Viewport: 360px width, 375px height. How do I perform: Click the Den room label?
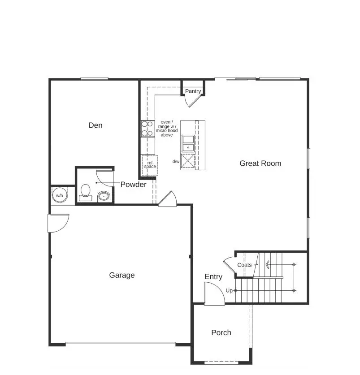pyautogui.click(x=95, y=125)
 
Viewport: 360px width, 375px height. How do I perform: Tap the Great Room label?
pyautogui.click(x=260, y=164)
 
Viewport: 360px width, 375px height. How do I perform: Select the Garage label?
pyautogui.click(x=122, y=275)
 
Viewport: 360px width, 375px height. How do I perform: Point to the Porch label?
pyautogui.click(x=221, y=332)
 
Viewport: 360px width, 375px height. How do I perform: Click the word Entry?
pyautogui.click(x=213, y=277)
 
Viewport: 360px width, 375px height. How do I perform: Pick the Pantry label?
pyautogui.click(x=193, y=91)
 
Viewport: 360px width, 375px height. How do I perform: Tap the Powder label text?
pyautogui.click(x=133, y=185)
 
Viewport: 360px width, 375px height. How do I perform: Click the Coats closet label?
pyautogui.click(x=244, y=265)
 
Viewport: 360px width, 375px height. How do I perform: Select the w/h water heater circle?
pyautogui.click(x=59, y=195)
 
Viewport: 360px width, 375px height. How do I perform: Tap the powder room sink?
pyautogui.click(x=104, y=196)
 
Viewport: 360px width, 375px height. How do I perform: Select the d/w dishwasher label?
pyautogui.click(x=176, y=161)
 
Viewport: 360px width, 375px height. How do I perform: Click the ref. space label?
pyautogui.click(x=150, y=164)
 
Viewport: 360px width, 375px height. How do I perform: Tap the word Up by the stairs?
pyautogui.click(x=229, y=290)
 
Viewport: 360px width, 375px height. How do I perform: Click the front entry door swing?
pyautogui.click(x=214, y=294)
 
